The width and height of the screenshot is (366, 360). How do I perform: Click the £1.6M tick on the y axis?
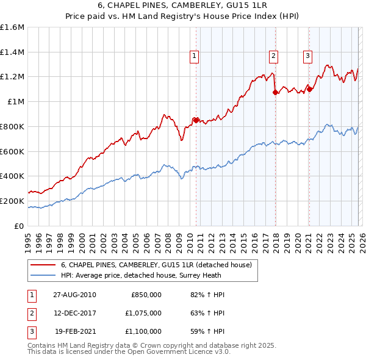[12, 27]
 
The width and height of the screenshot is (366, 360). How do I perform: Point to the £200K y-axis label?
[12, 201]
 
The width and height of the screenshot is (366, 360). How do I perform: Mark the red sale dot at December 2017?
[275, 93]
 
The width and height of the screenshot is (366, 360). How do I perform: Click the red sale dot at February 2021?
[309, 89]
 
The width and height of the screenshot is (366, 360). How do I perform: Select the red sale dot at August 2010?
[196, 120]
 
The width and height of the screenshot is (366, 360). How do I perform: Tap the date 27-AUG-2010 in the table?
[74, 295]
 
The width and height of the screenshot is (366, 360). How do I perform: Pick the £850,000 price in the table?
[146, 295]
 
